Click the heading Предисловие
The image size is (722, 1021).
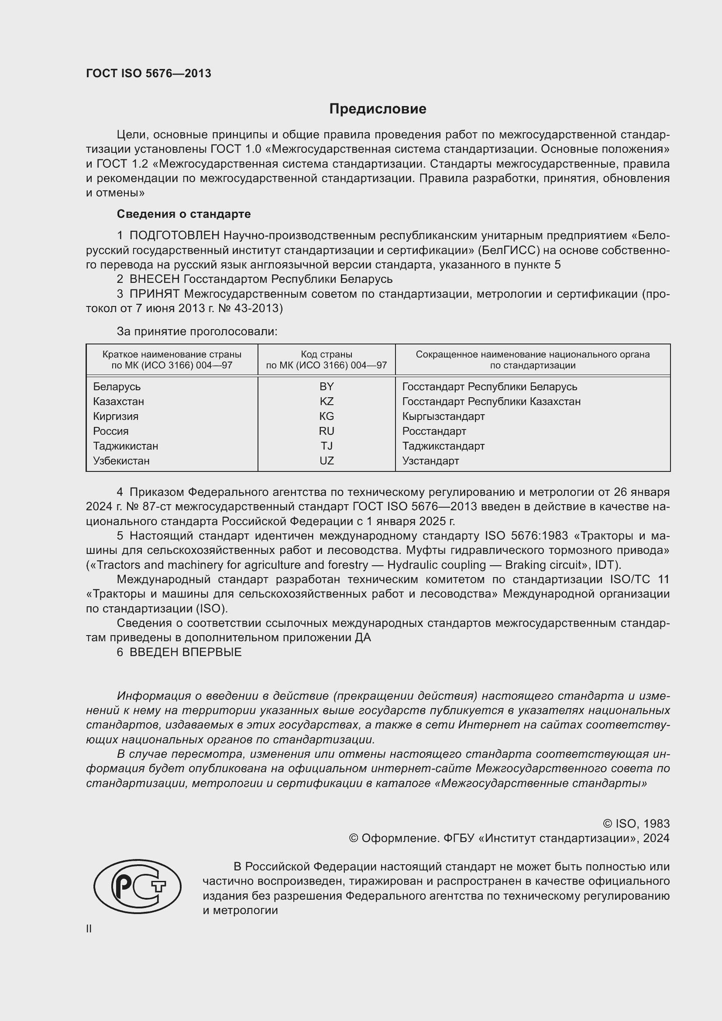click(378, 109)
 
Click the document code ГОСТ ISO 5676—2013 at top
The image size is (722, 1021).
click(148, 73)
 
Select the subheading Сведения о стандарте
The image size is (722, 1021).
click(184, 214)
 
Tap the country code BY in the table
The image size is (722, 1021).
click(327, 386)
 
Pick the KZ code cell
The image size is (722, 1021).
click(327, 402)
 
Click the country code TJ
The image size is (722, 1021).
click(327, 446)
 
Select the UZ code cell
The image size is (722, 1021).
click(327, 461)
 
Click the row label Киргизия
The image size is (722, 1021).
click(116, 416)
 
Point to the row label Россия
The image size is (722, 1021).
click(111, 431)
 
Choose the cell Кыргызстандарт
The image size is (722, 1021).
click(443, 416)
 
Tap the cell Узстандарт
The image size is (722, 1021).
click(430, 461)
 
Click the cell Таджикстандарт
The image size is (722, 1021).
click(443, 446)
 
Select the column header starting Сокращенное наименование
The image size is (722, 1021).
click(533, 360)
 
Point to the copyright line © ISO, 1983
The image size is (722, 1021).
click(636, 824)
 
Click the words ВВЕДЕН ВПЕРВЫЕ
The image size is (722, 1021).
click(186, 652)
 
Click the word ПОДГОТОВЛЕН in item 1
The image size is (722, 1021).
click(174, 235)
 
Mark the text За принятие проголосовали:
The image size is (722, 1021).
click(197, 331)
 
